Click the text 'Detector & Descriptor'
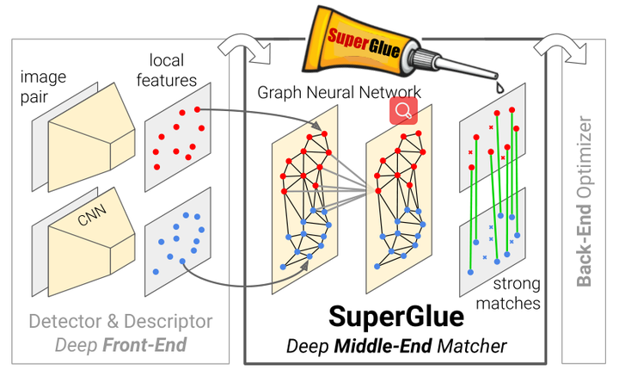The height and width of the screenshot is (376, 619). (x=120, y=322)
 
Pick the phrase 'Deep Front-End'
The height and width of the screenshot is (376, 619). (x=120, y=346)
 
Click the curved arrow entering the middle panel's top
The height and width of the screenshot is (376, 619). (x=241, y=47)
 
